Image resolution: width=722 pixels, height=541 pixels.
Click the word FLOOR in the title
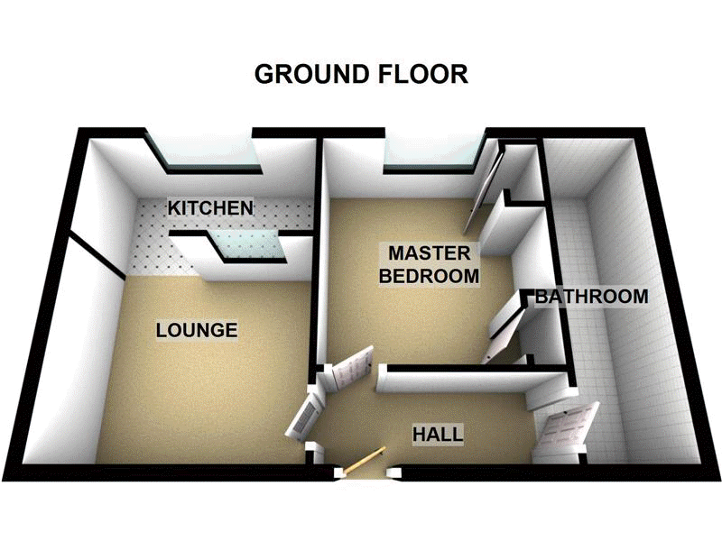click(425, 74)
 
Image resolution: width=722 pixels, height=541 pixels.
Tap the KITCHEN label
click(210, 208)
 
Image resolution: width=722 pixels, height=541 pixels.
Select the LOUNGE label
click(197, 330)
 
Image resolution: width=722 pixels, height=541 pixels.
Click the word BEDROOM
click(428, 276)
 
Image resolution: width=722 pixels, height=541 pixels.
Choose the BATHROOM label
click(591, 296)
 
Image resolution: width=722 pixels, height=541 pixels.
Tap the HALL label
click(438, 435)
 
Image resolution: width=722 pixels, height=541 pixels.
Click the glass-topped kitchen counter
click(248, 244)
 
